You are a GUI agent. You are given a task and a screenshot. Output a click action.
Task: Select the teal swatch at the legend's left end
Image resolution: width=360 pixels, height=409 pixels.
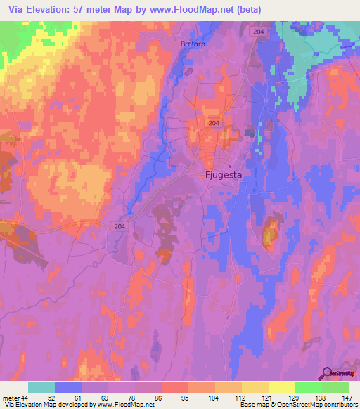(x=41, y=387)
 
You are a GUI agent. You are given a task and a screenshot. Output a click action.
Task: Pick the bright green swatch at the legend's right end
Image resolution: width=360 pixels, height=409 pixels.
(x=335, y=387)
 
